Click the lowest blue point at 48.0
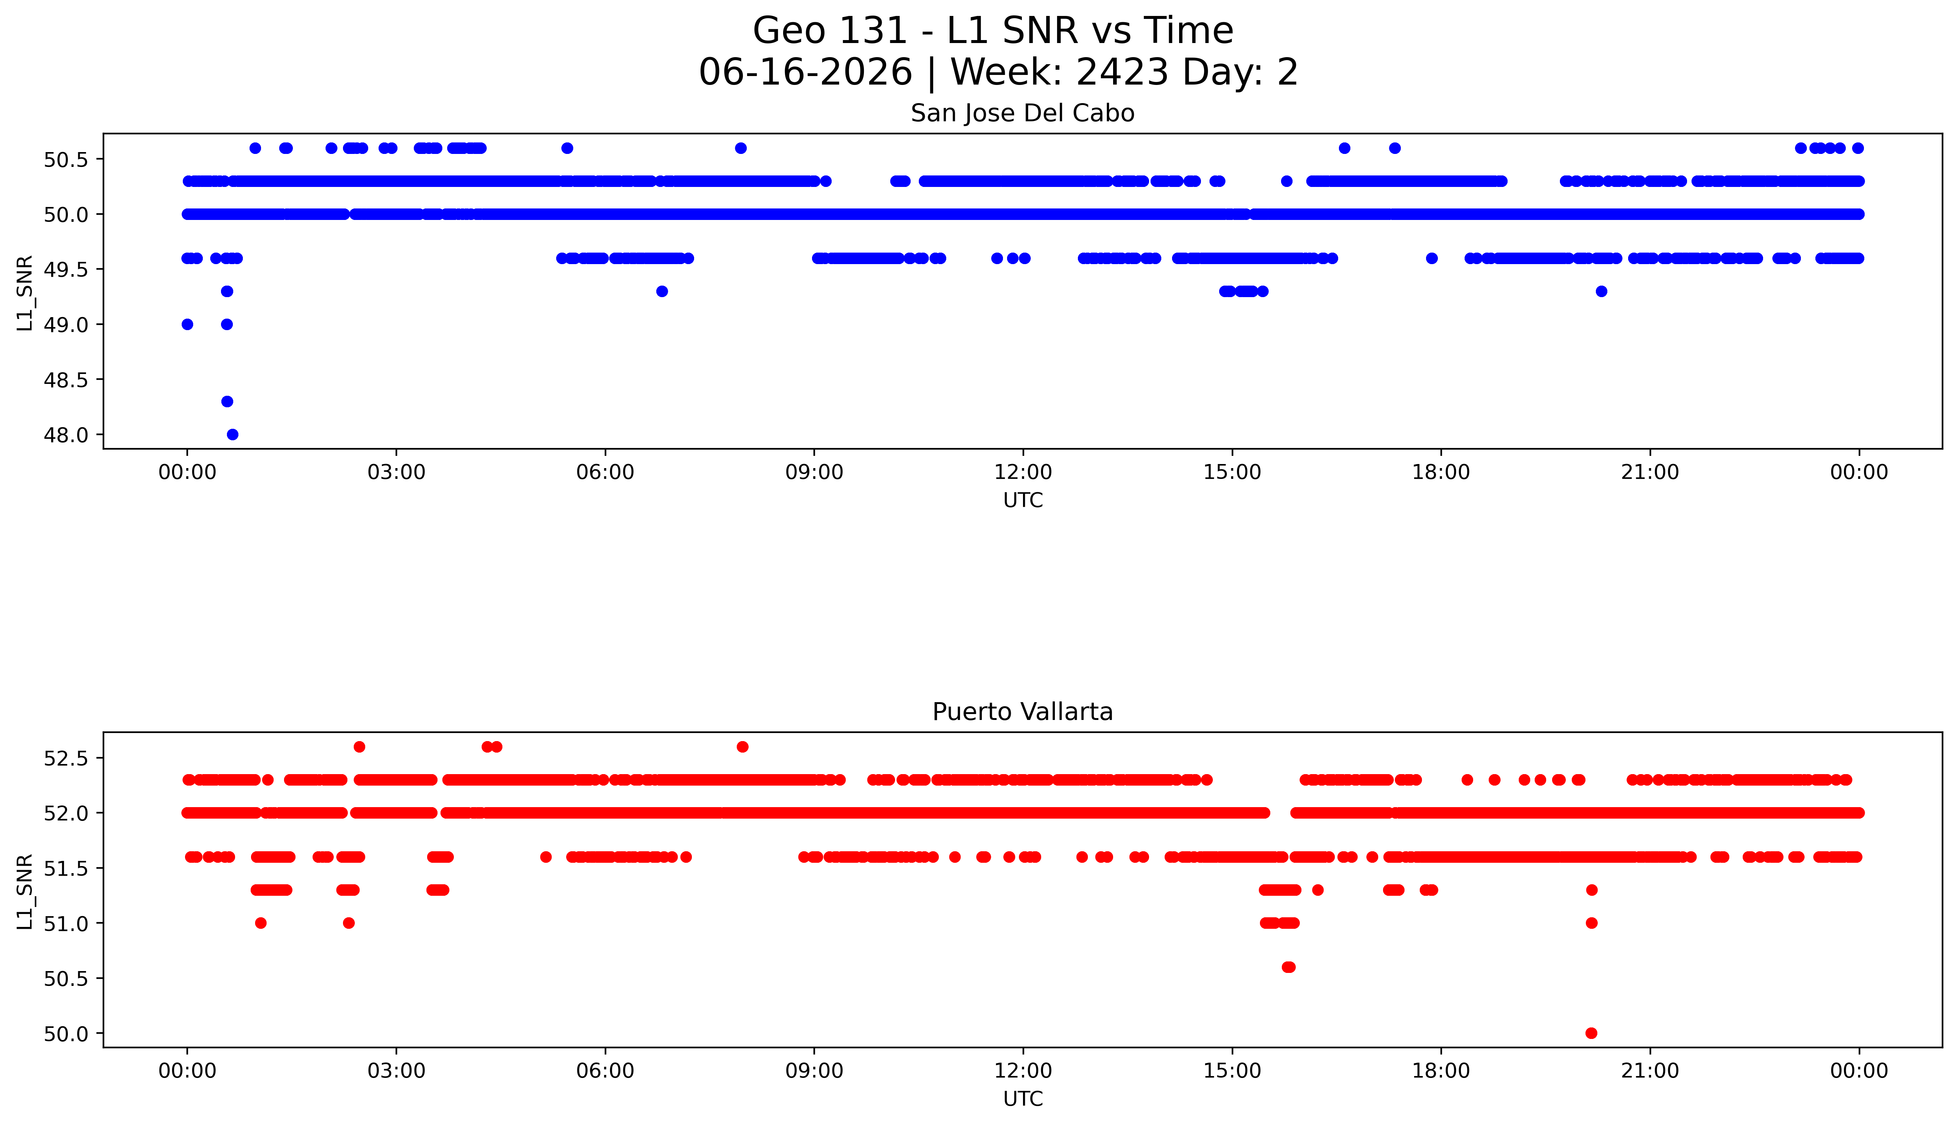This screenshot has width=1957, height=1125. [x=232, y=434]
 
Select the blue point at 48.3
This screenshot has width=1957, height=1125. [x=227, y=401]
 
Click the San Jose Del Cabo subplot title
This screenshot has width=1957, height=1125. [x=1023, y=114]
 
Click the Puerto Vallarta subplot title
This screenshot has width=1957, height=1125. [x=1023, y=712]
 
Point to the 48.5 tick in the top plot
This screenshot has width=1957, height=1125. [x=67, y=379]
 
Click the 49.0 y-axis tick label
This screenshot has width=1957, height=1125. [x=67, y=325]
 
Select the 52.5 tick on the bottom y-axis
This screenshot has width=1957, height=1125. [x=67, y=758]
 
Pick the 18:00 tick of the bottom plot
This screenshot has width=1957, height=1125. [x=1441, y=1071]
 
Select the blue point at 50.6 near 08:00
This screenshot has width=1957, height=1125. [x=740, y=148]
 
